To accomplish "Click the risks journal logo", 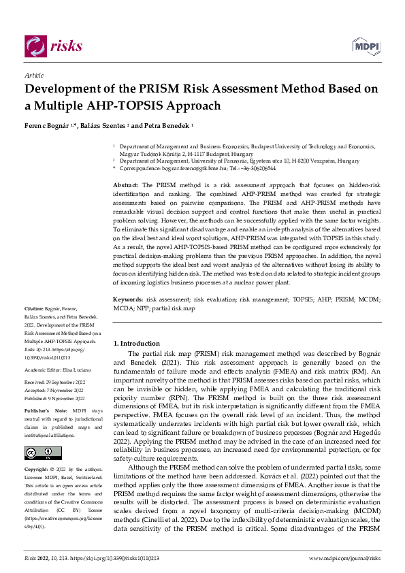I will click(53, 46).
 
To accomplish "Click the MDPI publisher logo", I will click(366, 46).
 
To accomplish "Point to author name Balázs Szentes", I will click(108, 126).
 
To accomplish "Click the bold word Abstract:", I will click(126, 185).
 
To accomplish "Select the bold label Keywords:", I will click(128, 299).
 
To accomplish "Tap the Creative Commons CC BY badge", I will click(39, 453).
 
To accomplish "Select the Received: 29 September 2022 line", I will click(54, 382).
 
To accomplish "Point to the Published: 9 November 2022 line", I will click(54, 399).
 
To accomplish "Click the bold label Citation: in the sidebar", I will click(35, 329).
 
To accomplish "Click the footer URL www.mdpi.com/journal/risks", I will click(344, 558).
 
